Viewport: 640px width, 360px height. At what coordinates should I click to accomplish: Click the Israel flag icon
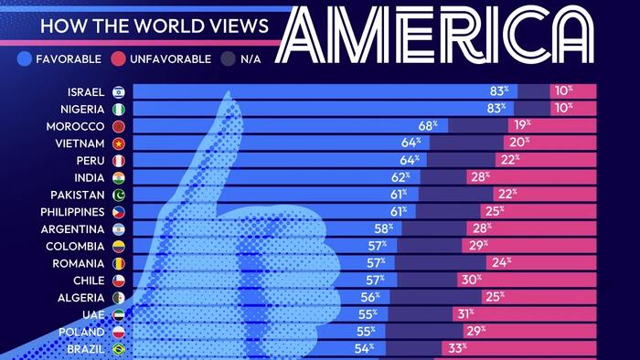click(x=119, y=92)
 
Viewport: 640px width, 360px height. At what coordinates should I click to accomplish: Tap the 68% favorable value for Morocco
click(x=427, y=125)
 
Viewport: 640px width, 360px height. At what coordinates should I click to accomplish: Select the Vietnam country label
click(x=80, y=143)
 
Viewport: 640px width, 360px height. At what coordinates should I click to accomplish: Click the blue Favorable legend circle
click(x=25, y=58)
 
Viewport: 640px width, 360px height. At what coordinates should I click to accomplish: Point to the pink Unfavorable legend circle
click(x=118, y=58)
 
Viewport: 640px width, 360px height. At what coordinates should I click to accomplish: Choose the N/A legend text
click(x=251, y=59)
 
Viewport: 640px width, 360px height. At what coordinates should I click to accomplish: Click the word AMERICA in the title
click(x=435, y=34)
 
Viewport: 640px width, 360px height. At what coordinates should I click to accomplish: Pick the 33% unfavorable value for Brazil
click(x=457, y=348)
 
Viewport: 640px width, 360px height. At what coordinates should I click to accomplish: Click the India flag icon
click(x=119, y=178)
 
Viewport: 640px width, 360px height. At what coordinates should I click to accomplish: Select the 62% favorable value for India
click(x=400, y=177)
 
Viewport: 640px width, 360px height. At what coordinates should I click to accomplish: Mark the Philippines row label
click(x=72, y=212)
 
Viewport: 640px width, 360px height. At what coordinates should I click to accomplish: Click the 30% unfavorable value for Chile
click(x=472, y=280)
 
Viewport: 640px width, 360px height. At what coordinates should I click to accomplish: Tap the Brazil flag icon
click(x=119, y=349)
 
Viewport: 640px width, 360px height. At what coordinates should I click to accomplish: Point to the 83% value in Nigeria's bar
click(x=496, y=108)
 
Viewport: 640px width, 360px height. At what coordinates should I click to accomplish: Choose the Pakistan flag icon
click(x=119, y=195)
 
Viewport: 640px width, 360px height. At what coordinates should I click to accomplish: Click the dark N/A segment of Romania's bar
click(x=441, y=263)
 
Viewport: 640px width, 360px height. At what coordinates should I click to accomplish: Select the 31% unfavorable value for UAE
click(x=465, y=314)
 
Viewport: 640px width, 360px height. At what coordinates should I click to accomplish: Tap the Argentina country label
click(x=72, y=229)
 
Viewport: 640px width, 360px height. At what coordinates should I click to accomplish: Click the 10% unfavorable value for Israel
click(x=564, y=90)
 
